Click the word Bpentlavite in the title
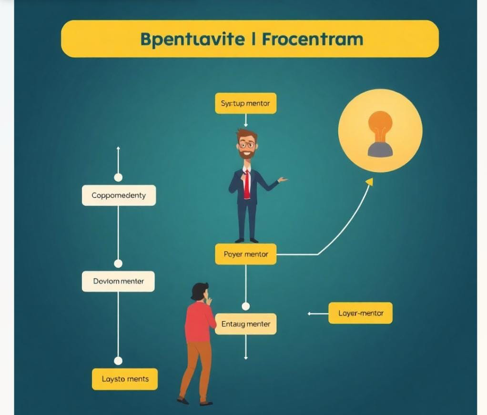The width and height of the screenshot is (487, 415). [193, 39]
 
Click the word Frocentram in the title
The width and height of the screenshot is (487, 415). [313, 39]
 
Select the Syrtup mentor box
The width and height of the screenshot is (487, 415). [245, 103]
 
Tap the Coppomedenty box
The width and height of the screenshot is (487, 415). [119, 195]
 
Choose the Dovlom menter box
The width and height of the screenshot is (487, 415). [118, 281]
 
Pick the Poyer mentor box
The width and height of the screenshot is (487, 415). [245, 254]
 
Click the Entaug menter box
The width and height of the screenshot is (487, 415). [245, 324]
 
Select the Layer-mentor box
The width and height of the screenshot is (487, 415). [360, 313]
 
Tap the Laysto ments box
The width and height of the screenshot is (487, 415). [125, 379]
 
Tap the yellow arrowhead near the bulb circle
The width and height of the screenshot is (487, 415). [369, 182]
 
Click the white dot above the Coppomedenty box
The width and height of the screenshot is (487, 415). [118, 177]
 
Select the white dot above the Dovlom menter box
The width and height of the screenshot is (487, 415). [118, 263]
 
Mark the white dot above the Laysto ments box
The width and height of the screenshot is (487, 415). [118, 361]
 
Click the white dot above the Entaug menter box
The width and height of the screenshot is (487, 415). [246, 306]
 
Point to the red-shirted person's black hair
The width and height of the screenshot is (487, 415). [199, 291]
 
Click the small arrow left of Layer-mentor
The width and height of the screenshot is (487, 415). [310, 314]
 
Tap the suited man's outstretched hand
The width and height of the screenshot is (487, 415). [283, 180]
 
